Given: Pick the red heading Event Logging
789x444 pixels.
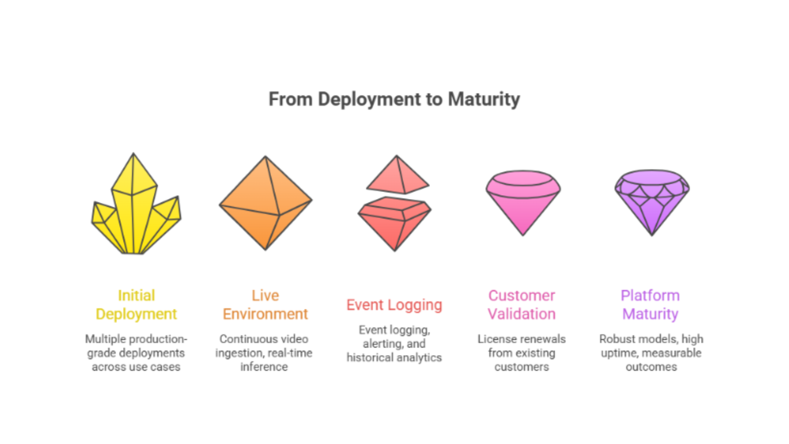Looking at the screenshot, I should pyautogui.click(x=394, y=305).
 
